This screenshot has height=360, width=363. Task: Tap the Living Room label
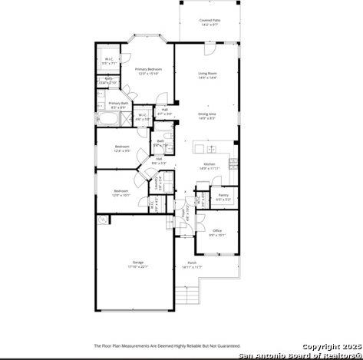tap(207, 75)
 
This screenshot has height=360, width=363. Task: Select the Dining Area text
tap(207, 116)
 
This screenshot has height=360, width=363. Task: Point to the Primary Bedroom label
tap(147, 71)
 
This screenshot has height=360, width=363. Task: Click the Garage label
tap(137, 265)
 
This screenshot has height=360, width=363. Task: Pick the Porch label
tap(192, 265)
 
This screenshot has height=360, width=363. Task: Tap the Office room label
tap(217, 232)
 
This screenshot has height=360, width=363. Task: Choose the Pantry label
tap(223, 197)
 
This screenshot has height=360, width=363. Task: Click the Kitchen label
tap(209, 166)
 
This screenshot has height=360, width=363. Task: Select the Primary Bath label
tap(118, 104)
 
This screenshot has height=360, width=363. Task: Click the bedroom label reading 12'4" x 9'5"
tap(122, 148)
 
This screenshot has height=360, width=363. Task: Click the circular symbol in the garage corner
tap(103, 220)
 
